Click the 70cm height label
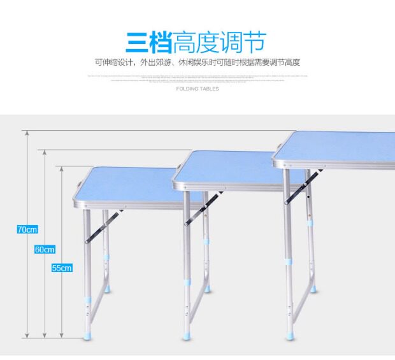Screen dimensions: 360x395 (x=27, y=229)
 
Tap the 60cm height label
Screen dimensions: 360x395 (x=45, y=250)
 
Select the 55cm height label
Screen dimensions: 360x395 (x=62, y=268)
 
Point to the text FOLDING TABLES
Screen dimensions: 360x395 (x=197, y=89)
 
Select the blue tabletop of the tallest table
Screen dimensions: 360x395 (x=338, y=147)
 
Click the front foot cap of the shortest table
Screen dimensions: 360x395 (x=87, y=333)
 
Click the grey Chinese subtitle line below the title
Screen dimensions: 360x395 (x=197, y=62)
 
